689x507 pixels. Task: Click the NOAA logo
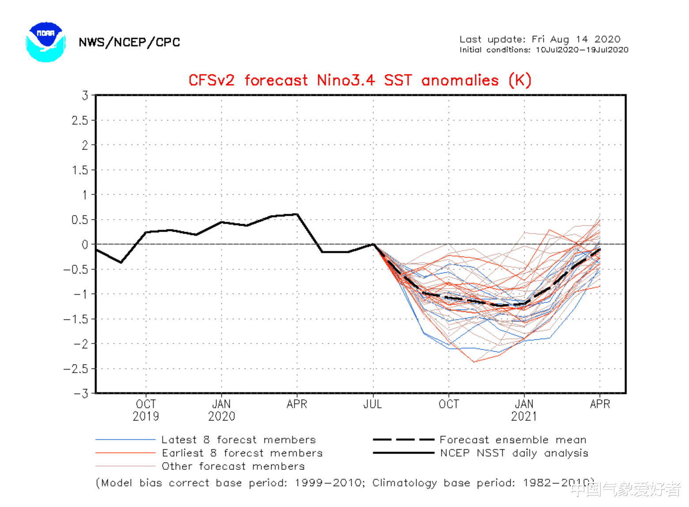coord(45,42)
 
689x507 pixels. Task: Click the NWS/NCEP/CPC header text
coord(129,42)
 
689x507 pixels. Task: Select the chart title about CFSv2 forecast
coord(360,80)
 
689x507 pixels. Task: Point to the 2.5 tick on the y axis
coord(80,120)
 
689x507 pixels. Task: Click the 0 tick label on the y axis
coord(85,244)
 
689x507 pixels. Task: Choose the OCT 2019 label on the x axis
coord(146,410)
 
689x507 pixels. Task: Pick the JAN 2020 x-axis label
coord(221,410)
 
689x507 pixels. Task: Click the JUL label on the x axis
coord(373,404)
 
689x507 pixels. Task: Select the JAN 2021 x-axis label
coord(524,410)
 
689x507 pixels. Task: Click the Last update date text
coord(540,39)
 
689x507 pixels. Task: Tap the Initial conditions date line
coord(544,50)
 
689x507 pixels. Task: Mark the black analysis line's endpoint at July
coord(373,244)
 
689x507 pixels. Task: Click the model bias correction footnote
coord(344,483)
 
